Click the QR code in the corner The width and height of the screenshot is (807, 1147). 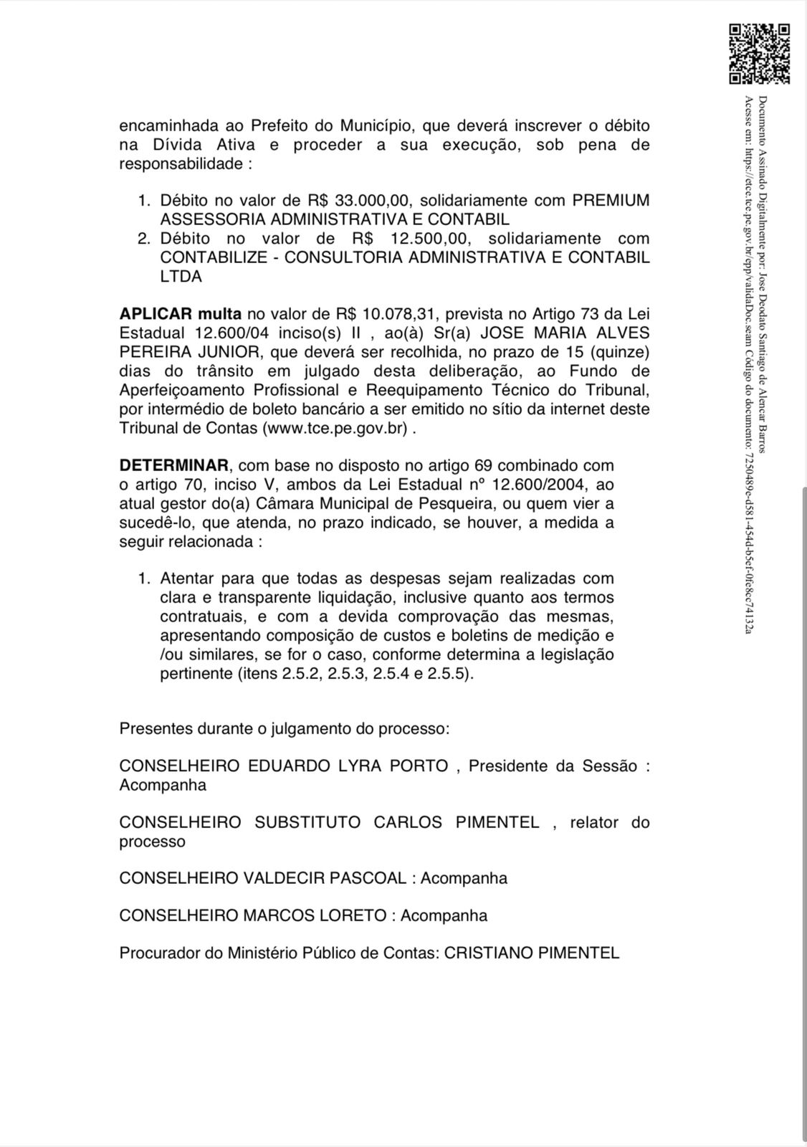759,54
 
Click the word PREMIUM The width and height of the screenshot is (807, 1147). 611,201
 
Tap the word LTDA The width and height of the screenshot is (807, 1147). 181,276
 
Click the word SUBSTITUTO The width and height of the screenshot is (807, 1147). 307,822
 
